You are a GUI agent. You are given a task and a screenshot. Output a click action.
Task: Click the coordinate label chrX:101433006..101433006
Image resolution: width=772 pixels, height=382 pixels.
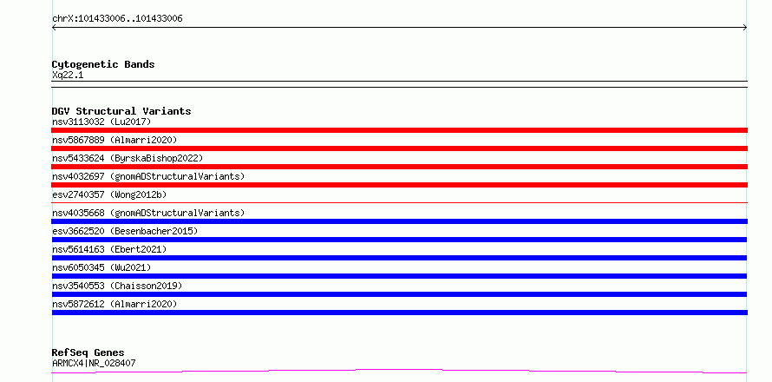pyautogui.click(x=117, y=19)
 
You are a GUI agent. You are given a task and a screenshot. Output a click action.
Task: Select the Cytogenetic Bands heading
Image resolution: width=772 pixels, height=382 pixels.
pyautogui.click(x=103, y=64)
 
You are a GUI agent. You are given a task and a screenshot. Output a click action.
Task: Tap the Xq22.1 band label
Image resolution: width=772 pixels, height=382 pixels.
pyautogui.click(x=68, y=75)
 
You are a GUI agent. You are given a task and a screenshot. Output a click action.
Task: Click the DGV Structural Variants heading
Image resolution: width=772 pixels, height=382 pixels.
pyautogui.click(x=121, y=111)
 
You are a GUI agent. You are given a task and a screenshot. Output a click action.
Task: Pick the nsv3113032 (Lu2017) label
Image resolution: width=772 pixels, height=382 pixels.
pyautogui.click(x=101, y=122)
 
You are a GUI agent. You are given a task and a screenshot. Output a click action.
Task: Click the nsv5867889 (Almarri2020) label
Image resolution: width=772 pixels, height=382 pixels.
pyautogui.click(x=114, y=140)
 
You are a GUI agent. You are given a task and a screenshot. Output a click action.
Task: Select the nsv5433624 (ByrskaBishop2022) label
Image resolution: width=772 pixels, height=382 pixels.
pyautogui.click(x=128, y=158)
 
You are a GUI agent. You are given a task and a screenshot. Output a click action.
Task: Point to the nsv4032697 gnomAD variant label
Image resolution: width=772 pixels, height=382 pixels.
pyautogui.click(x=148, y=176)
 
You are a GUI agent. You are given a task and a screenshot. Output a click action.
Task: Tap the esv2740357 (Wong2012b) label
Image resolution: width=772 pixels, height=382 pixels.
pyautogui.click(x=109, y=194)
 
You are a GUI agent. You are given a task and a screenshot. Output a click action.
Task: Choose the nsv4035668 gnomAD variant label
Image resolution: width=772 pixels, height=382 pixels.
pyautogui.click(x=148, y=213)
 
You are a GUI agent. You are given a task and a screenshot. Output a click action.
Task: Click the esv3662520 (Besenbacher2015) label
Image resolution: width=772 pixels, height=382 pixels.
pyautogui.click(x=125, y=231)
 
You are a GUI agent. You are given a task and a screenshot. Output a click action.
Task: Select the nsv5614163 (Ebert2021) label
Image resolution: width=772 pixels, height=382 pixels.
pyautogui.click(x=109, y=249)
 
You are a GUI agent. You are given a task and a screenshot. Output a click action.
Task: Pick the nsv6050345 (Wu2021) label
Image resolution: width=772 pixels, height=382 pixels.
pyautogui.click(x=101, y=267)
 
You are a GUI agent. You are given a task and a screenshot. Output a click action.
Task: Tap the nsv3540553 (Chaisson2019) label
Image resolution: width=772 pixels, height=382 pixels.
pyautogui.click(x=117, y=286)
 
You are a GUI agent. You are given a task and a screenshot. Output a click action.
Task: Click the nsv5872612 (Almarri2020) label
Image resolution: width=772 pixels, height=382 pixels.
pyautogui.click(x=114, y=304)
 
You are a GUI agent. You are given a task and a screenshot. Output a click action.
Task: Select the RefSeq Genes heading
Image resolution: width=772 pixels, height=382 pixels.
pyautogui.click(x=88, y=352)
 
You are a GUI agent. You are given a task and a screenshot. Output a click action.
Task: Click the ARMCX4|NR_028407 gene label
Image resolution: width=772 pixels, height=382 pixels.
pyautogui.click(x=94, y=363)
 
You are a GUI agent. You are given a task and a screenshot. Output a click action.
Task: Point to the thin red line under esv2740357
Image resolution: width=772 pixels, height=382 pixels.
pyautogui.click(x=399, y=202)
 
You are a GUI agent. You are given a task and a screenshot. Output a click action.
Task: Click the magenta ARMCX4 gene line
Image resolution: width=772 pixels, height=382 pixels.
pyautogui.click(x=399, y=370)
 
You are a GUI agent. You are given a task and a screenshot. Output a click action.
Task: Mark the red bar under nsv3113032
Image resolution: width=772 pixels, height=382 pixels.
pyautogui.click(x=399, y=130)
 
